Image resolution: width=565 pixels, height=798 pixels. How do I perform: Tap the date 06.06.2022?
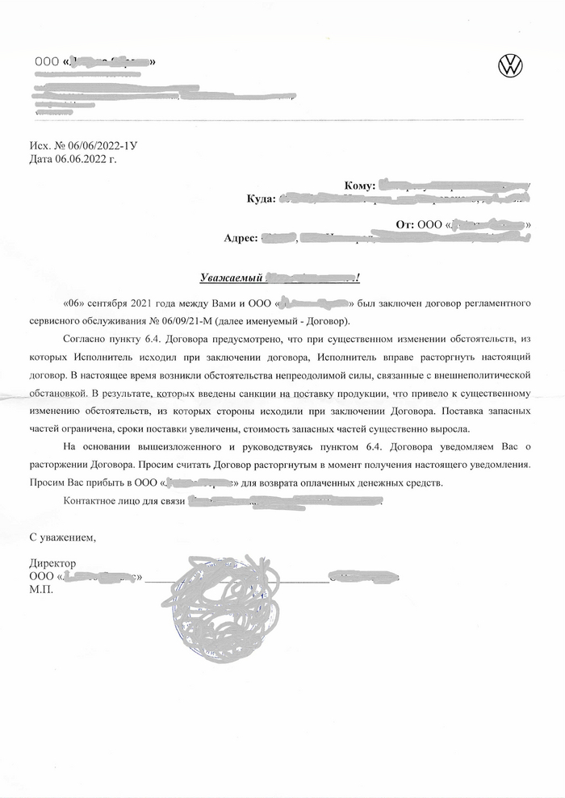tap(87, 160)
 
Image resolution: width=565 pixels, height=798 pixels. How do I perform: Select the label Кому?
tap(359, 186)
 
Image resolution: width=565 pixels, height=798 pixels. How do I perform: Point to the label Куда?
tap(262, 198)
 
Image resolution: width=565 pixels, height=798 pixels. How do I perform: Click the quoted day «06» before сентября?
tap(73, 304)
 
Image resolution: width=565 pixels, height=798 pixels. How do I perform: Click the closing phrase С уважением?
tap(63, 537)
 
